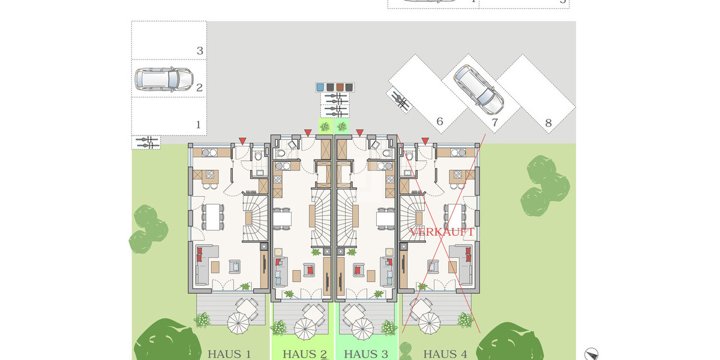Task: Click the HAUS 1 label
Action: pyautogui.click(x=229, y=354)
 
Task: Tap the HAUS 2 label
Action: pyautogui.click(x=304, y=354)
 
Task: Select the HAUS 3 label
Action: pyautogui.click(x=366, y=354)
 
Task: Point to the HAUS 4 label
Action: pyautogui.click(x=445, y=354)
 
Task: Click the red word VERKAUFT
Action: pyautogui.click(x=442, y=232)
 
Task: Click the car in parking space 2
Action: pyautogui.click(x=163, y=78)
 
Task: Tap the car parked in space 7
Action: pyautogui.click(x=478, y=90)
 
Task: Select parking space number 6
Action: pyautogui.click(x=439, y=122)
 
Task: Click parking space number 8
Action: pyautogui.click(x=548, y=124)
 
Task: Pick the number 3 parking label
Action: pyautogui.click(x=200, y=51)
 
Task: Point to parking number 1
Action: pyautogui.click(x=199, y=125)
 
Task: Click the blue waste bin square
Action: pyautogui.click(x=320, y=87)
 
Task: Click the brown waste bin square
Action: pyautogui.click(x=340, y=87)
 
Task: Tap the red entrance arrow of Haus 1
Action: pyautogui.click(x=242, y=141)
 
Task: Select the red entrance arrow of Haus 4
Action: pyautogui.click(x=425, y=141)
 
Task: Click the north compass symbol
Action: pyautogui.click(x=591, y=354)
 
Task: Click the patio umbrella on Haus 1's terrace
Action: pyautogui.click(x=238, y=325)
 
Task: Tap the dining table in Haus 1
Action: pyautogui.click(x=213, y=217)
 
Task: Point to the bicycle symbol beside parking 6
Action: pyautogui.click(x=401, y=100)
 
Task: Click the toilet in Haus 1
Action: pyautogui.click(x=258, y=157)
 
